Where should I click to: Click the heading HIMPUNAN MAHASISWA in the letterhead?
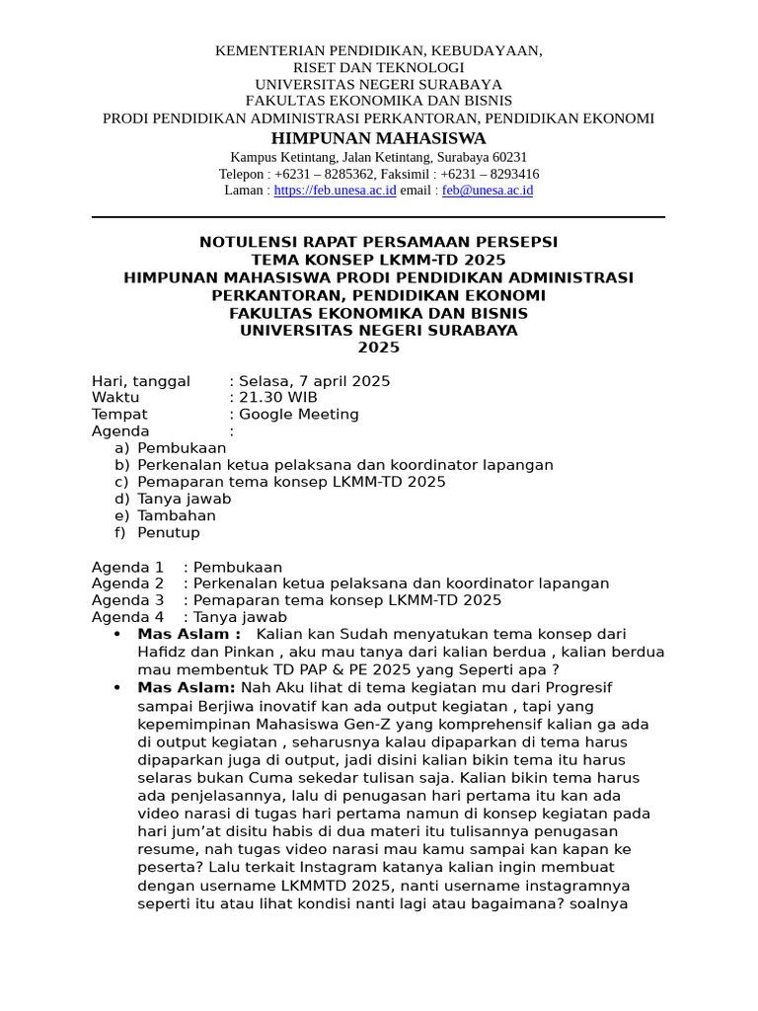(378, 137)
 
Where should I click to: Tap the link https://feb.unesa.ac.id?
(335, 190)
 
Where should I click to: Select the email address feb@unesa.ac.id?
(487, 190)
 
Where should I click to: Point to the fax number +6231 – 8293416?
(490, 174)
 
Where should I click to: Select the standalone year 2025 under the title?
(378, 348)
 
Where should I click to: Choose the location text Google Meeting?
(299, 415)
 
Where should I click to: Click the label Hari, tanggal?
(141, 381)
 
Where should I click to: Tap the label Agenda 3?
(128, 600)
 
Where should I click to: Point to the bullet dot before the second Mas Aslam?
(118, 687)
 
